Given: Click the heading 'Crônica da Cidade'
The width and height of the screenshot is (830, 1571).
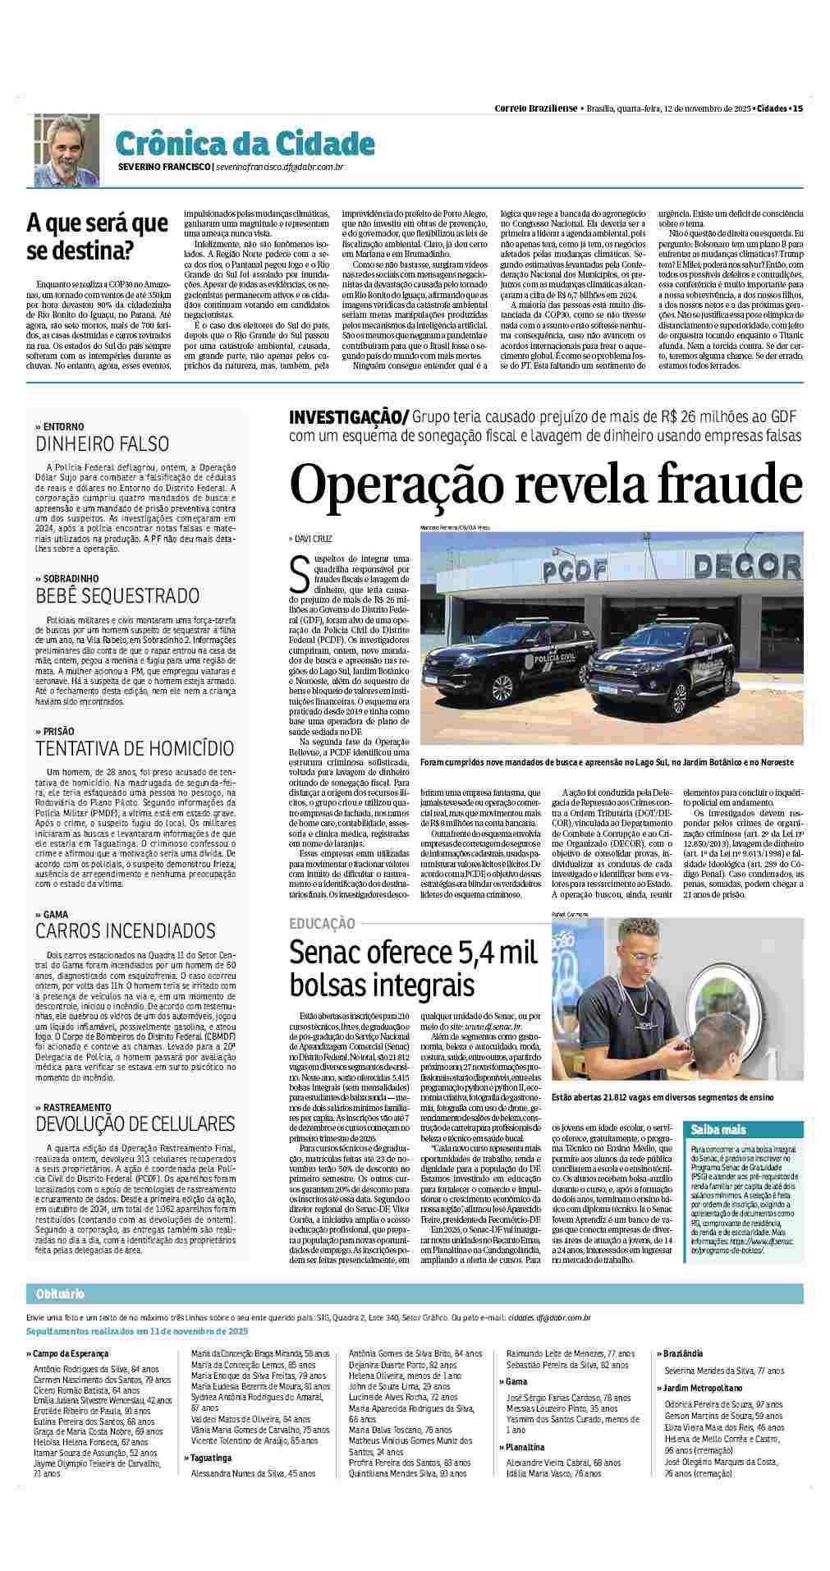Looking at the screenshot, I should (x=234, y=144).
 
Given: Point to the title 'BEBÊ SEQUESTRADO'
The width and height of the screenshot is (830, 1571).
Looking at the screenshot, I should (x=117, y=595).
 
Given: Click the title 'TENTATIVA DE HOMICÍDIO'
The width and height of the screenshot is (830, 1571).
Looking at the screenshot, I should (x=135, y=748).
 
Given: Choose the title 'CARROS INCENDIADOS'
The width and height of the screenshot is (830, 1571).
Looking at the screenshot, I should (x=125, y=930).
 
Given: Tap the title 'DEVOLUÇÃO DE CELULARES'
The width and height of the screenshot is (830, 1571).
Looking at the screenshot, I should (x=135, y=1123).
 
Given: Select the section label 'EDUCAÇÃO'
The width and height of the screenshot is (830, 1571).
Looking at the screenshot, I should (x=323, y=924).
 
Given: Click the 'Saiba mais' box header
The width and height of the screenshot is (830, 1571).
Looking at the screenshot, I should (x=718, y=1129).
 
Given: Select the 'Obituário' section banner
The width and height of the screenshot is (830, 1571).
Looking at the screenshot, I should (x=60, y=1317).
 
